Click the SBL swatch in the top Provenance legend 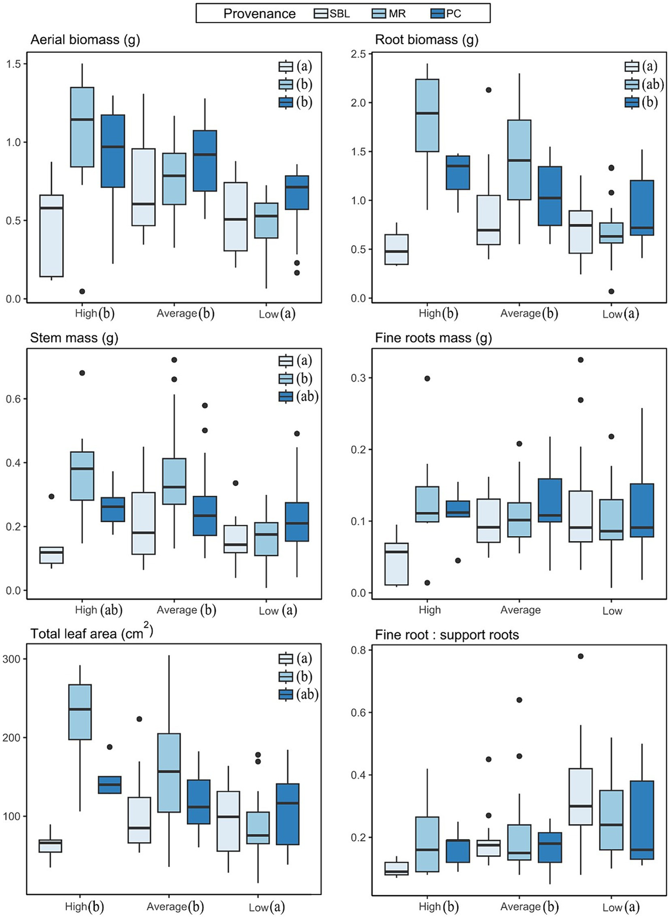coord(321,14)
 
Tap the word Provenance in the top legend coord(259,14)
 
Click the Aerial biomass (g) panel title coord(85,40)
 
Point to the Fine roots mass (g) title coord(433,338)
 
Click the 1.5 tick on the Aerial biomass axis coord(13,64)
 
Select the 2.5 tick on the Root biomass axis coord(359,54)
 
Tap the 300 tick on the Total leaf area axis coord(12,659)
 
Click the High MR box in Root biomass coord(427,116)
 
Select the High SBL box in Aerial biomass coord(52,236)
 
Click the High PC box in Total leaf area coord(110,784)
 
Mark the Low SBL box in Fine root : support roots coord(581,797)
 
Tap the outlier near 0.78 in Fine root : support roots coord(581,656)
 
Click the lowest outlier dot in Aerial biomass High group coord(82,291)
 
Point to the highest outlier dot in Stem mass coord(174,360)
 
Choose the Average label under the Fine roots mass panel coord(520,610)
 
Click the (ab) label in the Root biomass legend coord(653,84)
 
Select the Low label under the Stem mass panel coord(268,610)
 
